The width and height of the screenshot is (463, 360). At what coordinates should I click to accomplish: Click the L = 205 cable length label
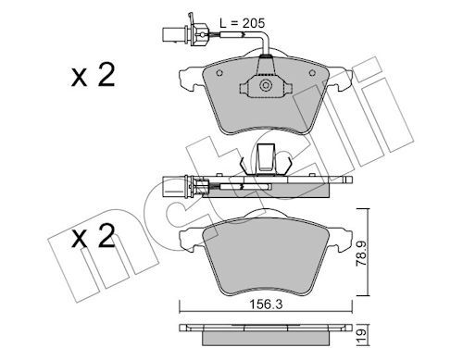click(x=243, y=23)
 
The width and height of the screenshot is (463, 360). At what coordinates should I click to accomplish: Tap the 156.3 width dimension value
click(x=266, y=304)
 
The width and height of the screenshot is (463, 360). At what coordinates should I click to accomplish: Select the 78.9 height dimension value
click(x=361, y=253)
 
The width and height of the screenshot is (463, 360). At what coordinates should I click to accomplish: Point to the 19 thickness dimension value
click(x=361, y=332)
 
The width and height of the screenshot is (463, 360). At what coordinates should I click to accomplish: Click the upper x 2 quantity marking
click(x=93, y=75)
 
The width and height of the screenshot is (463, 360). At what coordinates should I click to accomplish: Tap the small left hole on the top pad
click(x=219, y=73)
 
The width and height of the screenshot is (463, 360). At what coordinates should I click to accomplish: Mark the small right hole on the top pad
click(x=312, y=73)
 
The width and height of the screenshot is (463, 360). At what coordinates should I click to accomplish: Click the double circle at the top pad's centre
click(x=266, y=85)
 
